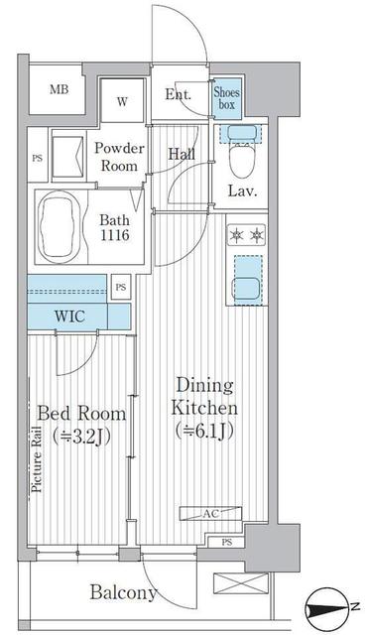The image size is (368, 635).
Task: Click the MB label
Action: click(x=60, y=89)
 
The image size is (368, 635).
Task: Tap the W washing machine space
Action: click(x=122, y=100)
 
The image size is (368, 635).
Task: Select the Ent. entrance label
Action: click(x=178, y=94)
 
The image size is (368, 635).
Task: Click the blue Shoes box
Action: click(x=227, y=98)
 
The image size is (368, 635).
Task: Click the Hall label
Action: click(x=182, y=154)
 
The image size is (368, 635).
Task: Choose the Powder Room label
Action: click(x=119, y=157)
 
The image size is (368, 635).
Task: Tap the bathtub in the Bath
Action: click(x=60, y=227)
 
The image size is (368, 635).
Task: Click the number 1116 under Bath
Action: click(x=115, y=235)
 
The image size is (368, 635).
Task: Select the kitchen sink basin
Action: click(x=246, y=288)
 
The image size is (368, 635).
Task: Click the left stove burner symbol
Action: click(x=236, y=236)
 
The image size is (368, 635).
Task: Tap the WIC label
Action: click(x=70, y=317)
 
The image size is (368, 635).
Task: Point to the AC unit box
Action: click(x=210, y=514)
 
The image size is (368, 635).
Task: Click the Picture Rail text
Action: click(x=37, y=458)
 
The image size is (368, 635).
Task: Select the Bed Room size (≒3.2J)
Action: click(x=81, y=436)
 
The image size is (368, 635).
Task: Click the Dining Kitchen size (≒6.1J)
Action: click(x=204, y=431)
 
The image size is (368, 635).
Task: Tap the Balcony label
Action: click(x=123, y=593)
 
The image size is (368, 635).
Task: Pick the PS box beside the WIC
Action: click(x=121, y=288)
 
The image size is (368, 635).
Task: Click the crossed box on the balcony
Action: click(x=241, y=583)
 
